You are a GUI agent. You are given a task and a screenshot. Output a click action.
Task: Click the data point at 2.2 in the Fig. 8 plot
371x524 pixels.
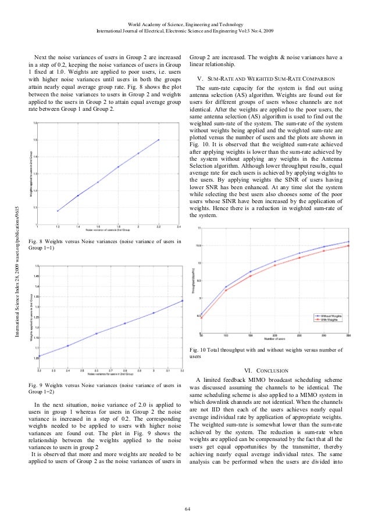point(159,140)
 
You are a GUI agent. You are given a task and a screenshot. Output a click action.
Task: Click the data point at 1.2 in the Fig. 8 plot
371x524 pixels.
point(58,211)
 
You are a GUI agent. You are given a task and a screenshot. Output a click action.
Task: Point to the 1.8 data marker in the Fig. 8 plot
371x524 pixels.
point(118,167)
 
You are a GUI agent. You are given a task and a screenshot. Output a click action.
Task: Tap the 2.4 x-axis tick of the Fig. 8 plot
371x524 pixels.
point(179,228)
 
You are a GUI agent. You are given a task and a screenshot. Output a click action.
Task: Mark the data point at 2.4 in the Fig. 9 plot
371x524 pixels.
point(68,346)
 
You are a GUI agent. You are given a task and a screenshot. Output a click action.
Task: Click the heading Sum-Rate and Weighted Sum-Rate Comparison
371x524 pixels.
point(267,77)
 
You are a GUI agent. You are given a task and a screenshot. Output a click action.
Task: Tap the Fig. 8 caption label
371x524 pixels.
point(35,240)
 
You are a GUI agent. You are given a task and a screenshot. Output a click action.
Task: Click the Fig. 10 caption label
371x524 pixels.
point(200,349)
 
